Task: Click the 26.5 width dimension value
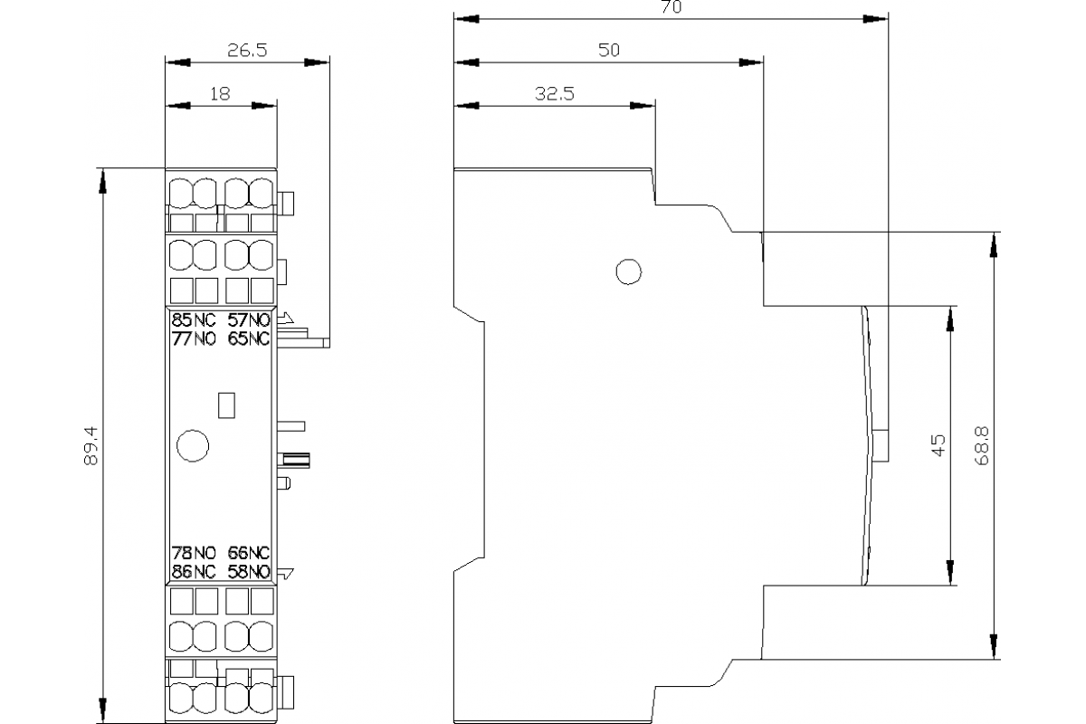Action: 246,51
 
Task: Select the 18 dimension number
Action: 220,92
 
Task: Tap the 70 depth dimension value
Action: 671,7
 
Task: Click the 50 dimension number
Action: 608,51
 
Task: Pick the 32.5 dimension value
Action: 554,93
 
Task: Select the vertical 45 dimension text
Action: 938,445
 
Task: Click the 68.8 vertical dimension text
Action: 982,446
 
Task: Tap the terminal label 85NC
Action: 194,319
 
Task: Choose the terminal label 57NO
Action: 249,319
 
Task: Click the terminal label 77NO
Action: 194,339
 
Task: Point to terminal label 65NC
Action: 249,339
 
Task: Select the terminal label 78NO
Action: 194,553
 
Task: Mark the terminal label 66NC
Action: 249,553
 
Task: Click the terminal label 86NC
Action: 194,572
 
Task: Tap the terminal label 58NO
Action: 249,572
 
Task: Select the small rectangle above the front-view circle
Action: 228,404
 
